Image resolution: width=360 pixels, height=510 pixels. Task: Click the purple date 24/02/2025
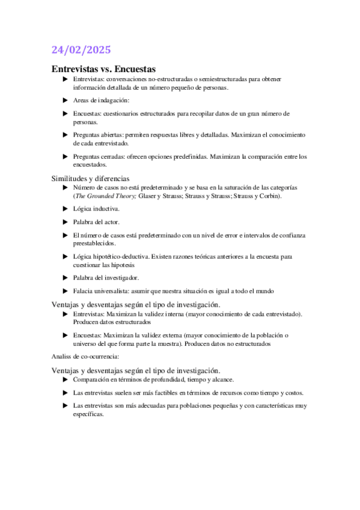[x=81, y=50]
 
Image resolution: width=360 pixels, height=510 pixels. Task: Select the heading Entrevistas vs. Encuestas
[x=103, y=69]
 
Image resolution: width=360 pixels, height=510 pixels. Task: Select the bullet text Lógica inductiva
[x=96, y=209]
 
